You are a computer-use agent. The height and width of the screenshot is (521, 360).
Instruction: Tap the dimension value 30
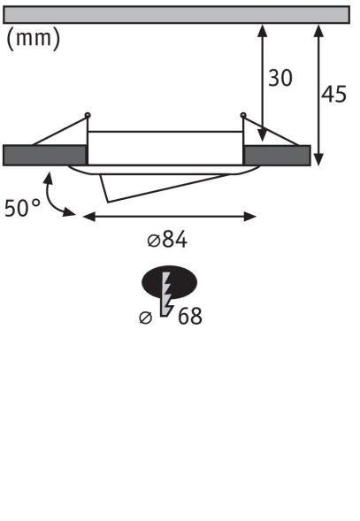click(280, 78)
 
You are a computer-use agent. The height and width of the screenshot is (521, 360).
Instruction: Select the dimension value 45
click(333, 95)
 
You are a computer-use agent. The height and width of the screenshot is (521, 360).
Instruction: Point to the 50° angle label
click(22, 209)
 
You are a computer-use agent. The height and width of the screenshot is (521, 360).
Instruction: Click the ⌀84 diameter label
click(167, 240)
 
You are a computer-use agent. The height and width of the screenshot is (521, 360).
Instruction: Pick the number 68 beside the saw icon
click(189, 317)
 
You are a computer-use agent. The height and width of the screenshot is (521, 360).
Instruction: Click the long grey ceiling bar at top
click(178, 14)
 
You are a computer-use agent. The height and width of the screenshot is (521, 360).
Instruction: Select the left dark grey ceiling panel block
click(45, 154)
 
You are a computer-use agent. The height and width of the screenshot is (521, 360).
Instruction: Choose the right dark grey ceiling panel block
click(277, 154)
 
